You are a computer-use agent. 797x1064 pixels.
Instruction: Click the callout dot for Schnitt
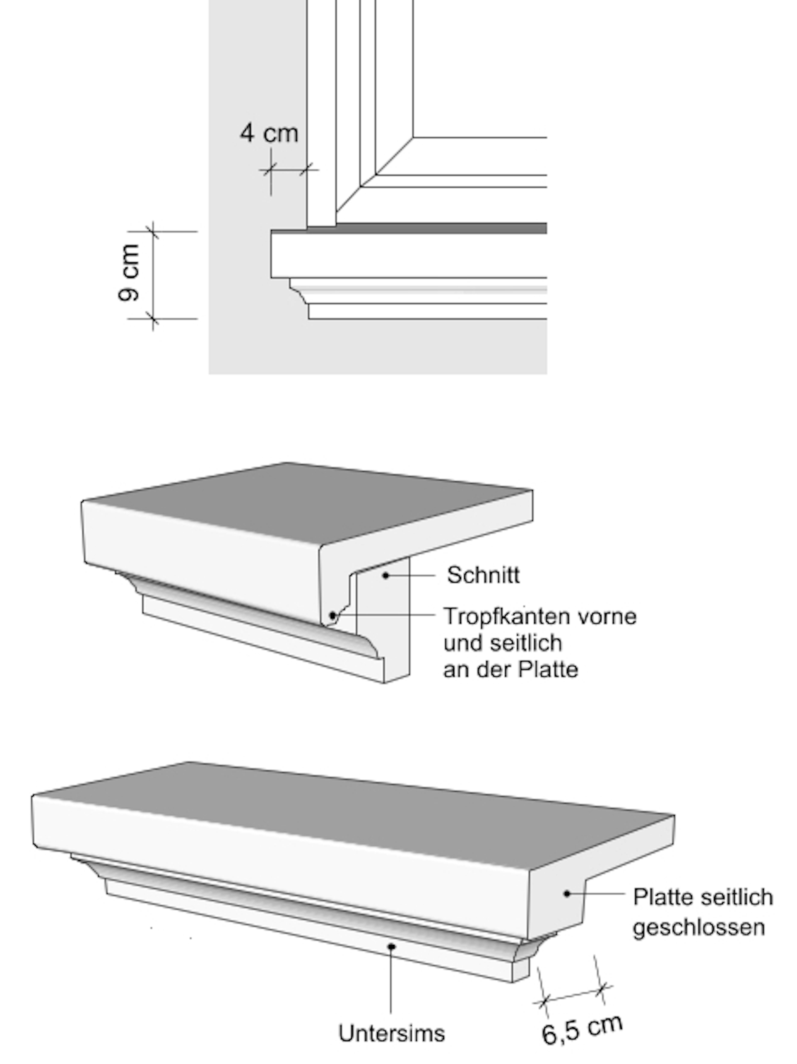point(385,575)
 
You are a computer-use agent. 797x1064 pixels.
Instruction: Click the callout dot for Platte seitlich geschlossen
point(567,894)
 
